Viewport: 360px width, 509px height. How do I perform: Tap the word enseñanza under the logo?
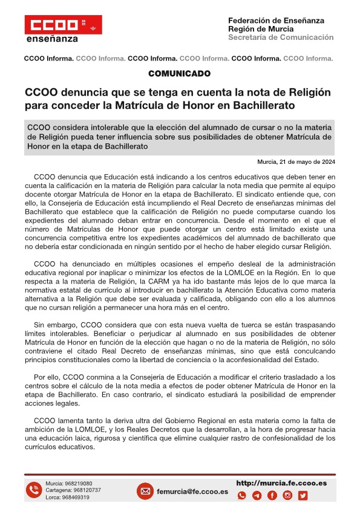pyautogui.click(x=53, y=39)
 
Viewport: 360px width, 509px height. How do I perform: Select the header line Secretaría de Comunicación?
pyautogui.click(x=281, y=37)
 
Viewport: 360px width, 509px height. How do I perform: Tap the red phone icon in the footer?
pyautogui.click(x=33, y=490)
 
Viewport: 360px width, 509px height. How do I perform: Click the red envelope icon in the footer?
pyautogui.click(x=145, y=491)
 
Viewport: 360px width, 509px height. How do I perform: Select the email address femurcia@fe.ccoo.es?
pyautogui.click(x=192, y=491)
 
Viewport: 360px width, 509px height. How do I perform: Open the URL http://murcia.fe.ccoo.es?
pyautogui.click(x=281, y=483)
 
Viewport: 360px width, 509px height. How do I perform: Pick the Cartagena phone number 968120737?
pyautogui.click(x=83, y=490)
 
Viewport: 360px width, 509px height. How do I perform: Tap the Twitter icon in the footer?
pyautogui.click(x=303, y=496)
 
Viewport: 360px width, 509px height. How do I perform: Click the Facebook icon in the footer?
pyautogui.click(x=272, y=496)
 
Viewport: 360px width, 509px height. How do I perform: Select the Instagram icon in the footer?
pyautogui.click(x=287, y=496)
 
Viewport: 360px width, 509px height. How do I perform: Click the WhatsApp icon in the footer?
pyautogui.click(x=242, y=496)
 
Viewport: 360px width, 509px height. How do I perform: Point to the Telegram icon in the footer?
pyautogui.click(x=257, y=496)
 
